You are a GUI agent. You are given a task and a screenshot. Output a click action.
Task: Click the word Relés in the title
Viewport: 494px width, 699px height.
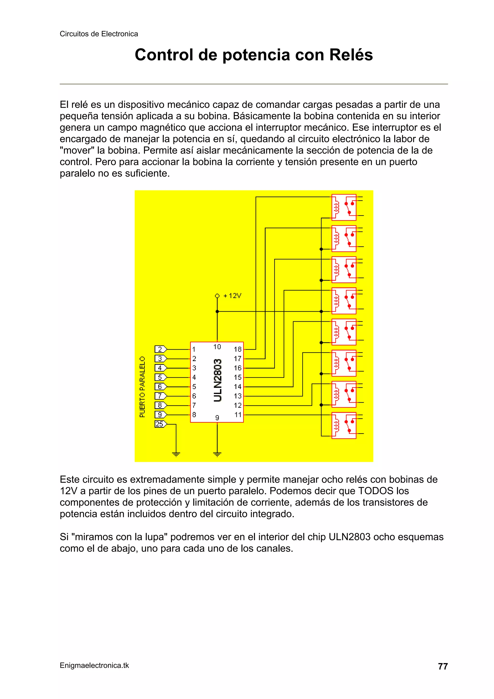pos(351,55)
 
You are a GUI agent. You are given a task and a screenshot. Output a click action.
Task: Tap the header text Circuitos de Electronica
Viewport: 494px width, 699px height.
pos(99,34)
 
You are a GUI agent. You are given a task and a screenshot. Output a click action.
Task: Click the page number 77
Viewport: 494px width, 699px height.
pos(443,666)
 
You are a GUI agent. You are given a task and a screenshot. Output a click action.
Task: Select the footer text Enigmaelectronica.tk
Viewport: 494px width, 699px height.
pos(94,665)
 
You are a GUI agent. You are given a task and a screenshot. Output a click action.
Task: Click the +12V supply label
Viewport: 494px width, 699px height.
pos(232,296)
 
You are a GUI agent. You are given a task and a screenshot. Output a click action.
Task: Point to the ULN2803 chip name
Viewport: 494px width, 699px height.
pos(218,381)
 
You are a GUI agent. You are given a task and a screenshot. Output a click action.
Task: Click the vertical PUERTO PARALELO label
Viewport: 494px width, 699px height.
pos(142,387)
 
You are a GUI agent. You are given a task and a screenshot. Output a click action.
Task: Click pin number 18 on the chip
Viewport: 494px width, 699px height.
pos(237,349)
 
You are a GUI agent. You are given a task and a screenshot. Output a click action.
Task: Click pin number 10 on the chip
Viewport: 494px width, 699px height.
pos(217,347)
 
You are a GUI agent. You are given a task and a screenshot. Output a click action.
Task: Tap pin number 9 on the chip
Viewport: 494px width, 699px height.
pos(217,418)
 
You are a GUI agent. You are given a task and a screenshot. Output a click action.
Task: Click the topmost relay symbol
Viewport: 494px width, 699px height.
pos(344,207)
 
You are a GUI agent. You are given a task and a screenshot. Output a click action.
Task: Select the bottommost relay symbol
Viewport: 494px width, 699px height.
pos(344,425)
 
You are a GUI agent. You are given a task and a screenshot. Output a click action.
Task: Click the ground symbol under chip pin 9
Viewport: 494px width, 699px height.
pos(217,455)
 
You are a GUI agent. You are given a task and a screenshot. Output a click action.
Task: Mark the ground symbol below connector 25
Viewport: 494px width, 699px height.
pos(176,455)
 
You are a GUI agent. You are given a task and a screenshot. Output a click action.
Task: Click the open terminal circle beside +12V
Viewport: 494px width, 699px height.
pos(217,296)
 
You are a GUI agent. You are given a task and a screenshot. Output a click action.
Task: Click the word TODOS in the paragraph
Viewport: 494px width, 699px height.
pos(376,491)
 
